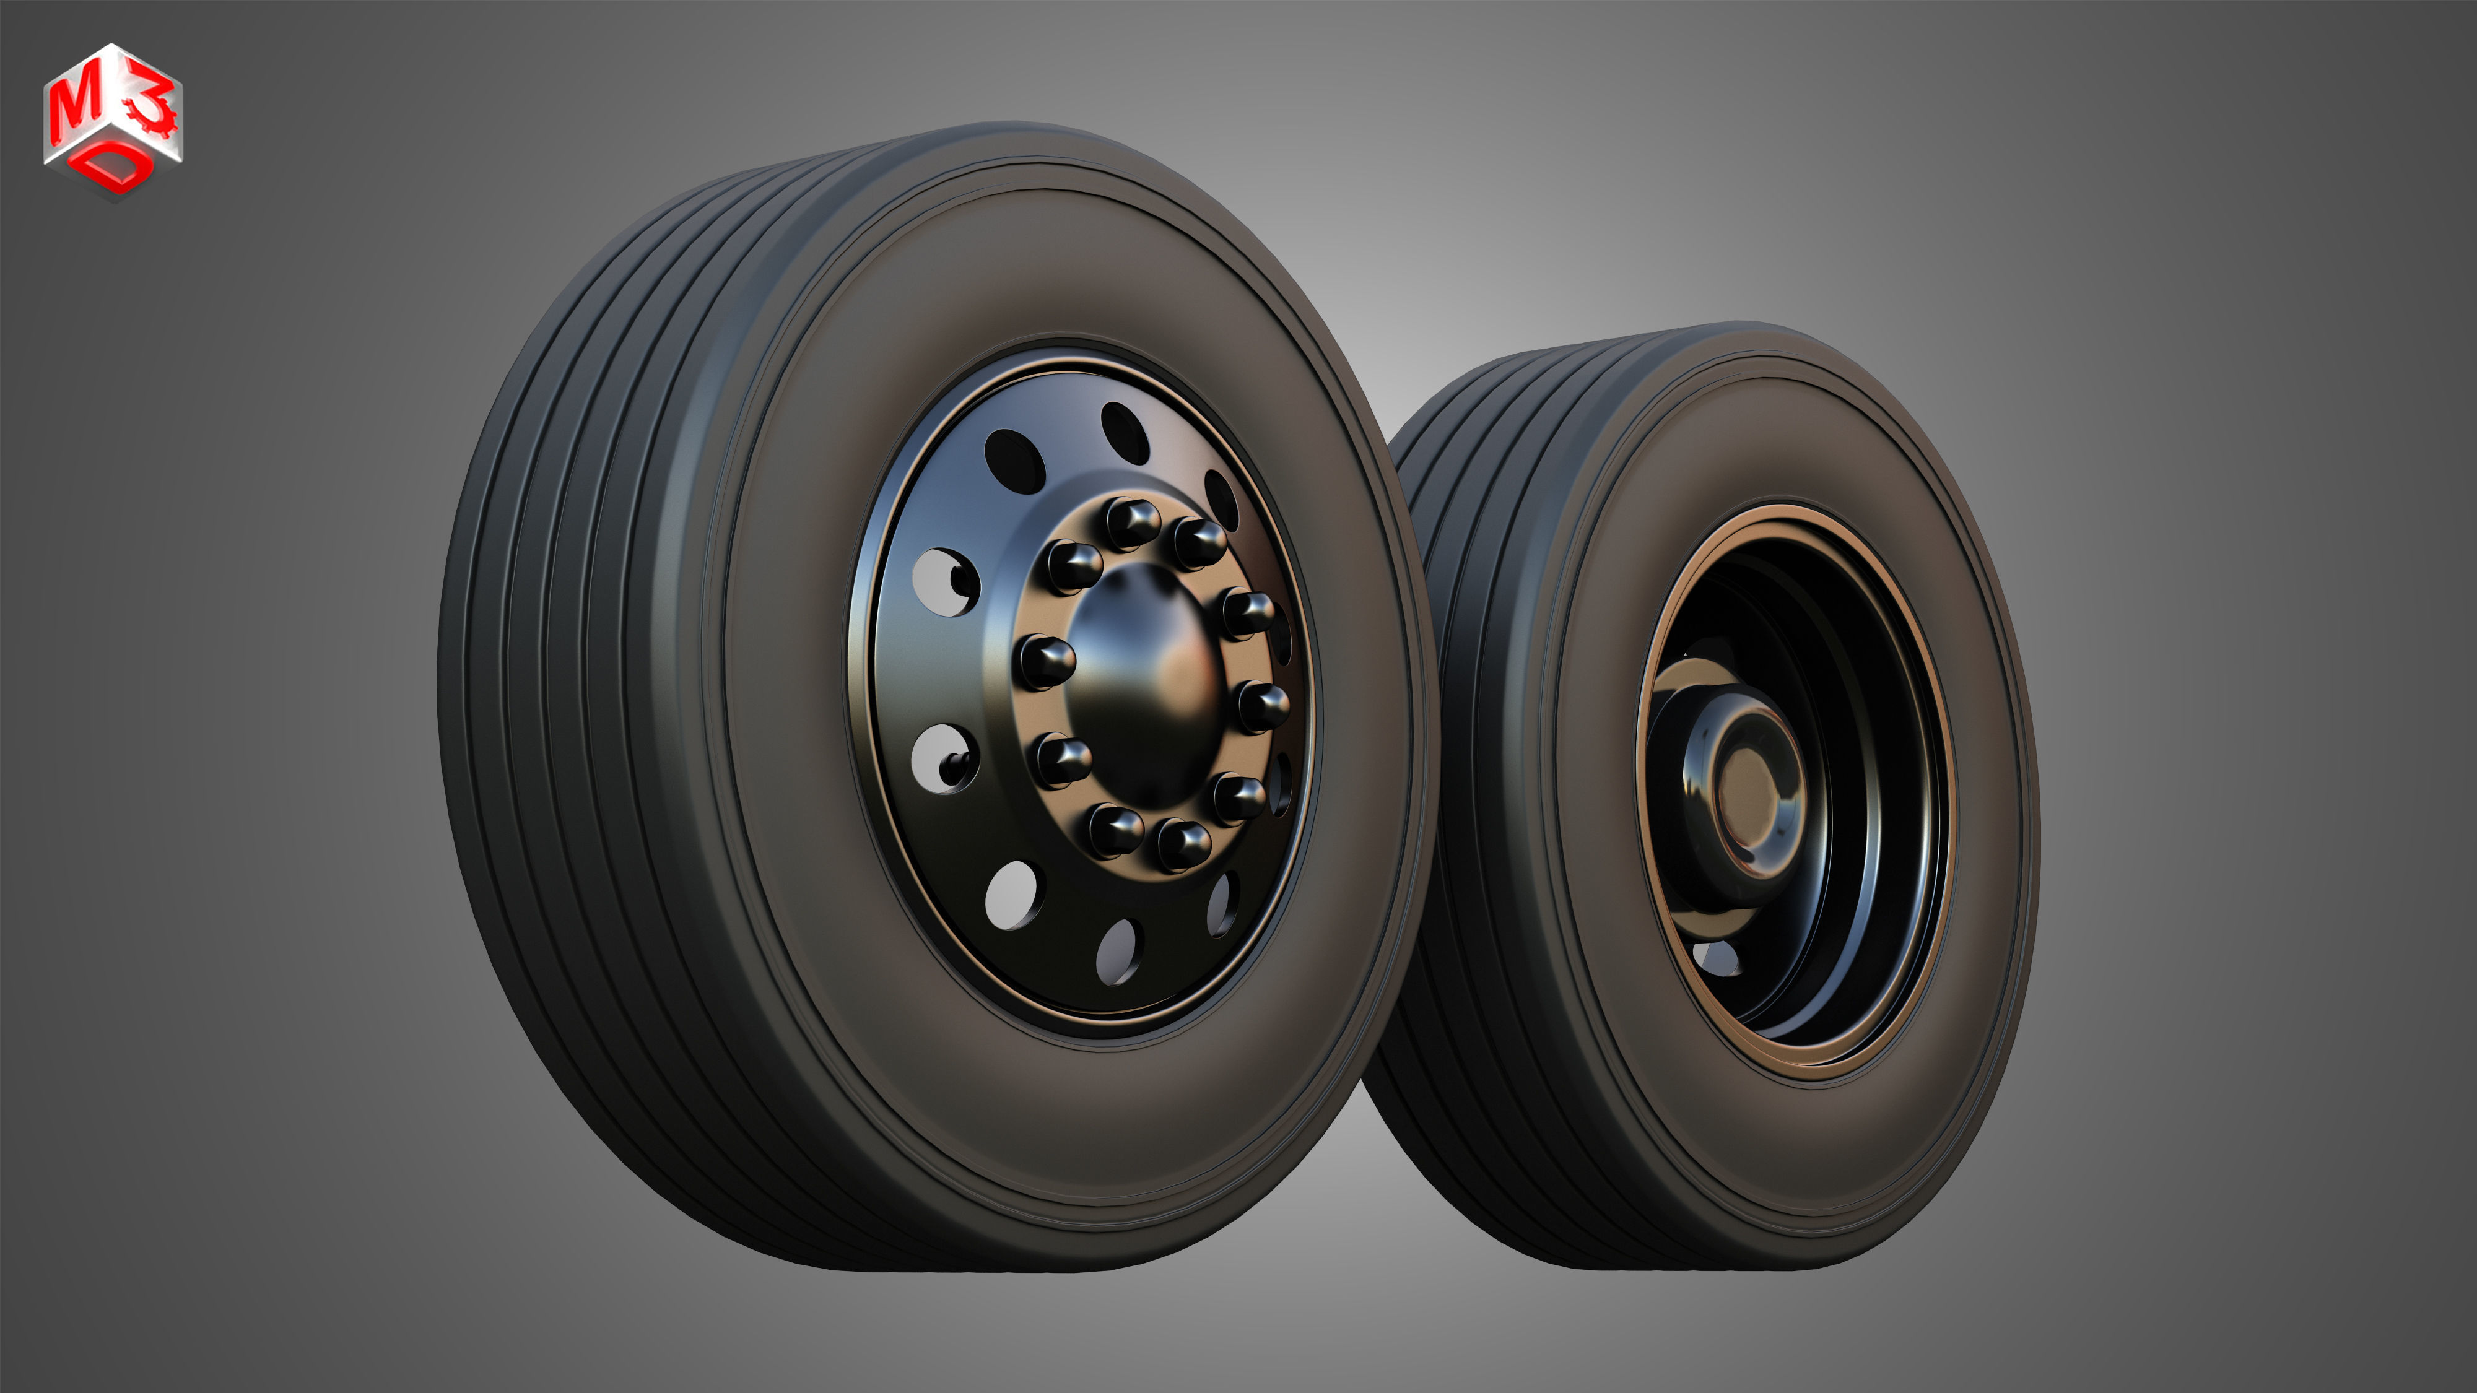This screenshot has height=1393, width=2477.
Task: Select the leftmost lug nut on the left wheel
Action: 1046,661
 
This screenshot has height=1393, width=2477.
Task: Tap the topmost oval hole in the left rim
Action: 1125,433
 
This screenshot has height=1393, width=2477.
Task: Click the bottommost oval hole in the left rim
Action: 1118,951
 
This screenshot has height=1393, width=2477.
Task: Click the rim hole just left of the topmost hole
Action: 1014,461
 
